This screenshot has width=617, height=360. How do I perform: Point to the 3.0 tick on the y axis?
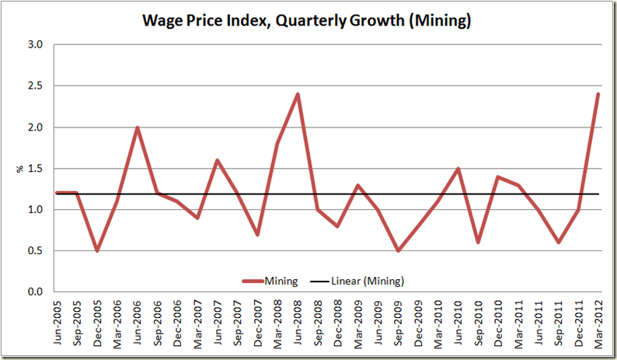pyautogui.click(x=36, y=44)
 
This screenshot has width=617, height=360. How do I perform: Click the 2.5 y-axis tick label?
pyautogui.click(x=36, y=86)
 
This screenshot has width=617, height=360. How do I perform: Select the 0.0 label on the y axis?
pyautogui.click(x=36, y=292)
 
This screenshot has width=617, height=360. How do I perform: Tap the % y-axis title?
pyautogui.click(x=20, y=168)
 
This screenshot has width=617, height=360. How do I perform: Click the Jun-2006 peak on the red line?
pyautogui.click(x=137, y=128)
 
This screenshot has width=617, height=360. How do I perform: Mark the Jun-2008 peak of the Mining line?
pyautogui.click(x=298, y=94)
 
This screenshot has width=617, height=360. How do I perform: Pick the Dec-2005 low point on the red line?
pyautogui.click(x=97, y=250)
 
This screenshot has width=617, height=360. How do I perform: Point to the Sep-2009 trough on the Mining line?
pyautogui.click(x=397, y=250)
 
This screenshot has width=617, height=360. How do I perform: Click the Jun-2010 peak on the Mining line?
pyautogui.click(x=457, y=168)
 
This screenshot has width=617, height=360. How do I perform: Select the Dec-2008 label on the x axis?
pyautogui.click(x=337, y=323)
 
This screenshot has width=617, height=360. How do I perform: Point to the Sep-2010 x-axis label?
pyautogui.click(x=477, y=323)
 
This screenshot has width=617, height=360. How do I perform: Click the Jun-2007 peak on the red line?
pyautogui.click(x=218, y=160)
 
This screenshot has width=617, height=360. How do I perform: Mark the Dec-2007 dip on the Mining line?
pyautogui.click(x=257, y=234)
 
